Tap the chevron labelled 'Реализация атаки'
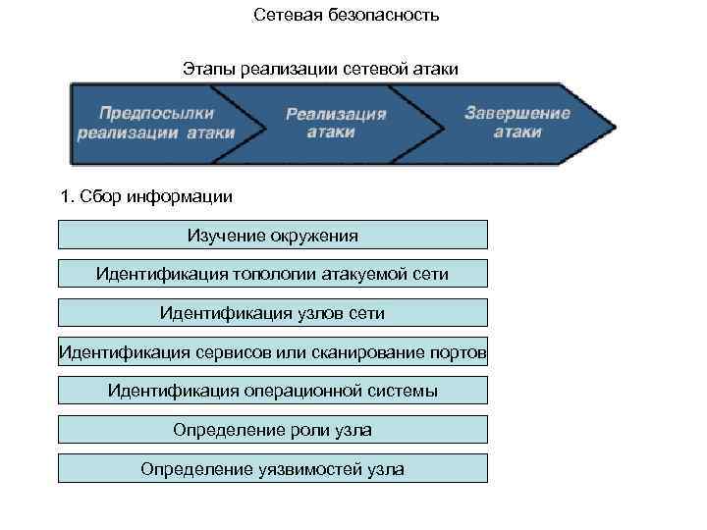[x=336, y=123]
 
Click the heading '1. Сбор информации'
[x=146, y=196]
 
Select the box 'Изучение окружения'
[x=273, y=235]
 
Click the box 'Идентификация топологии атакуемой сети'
[x=273, y=274]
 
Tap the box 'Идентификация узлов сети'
[x=273, y=313]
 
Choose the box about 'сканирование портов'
[x=273, y=352]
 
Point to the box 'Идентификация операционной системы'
[x=273, y=391]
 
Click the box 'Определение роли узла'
[x=273, y=430]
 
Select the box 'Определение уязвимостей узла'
[x=273, y=469]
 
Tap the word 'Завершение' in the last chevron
[x=517, y=112]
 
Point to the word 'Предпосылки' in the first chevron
[x=155, y=113]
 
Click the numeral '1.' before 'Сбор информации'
[x=67, y=196]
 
